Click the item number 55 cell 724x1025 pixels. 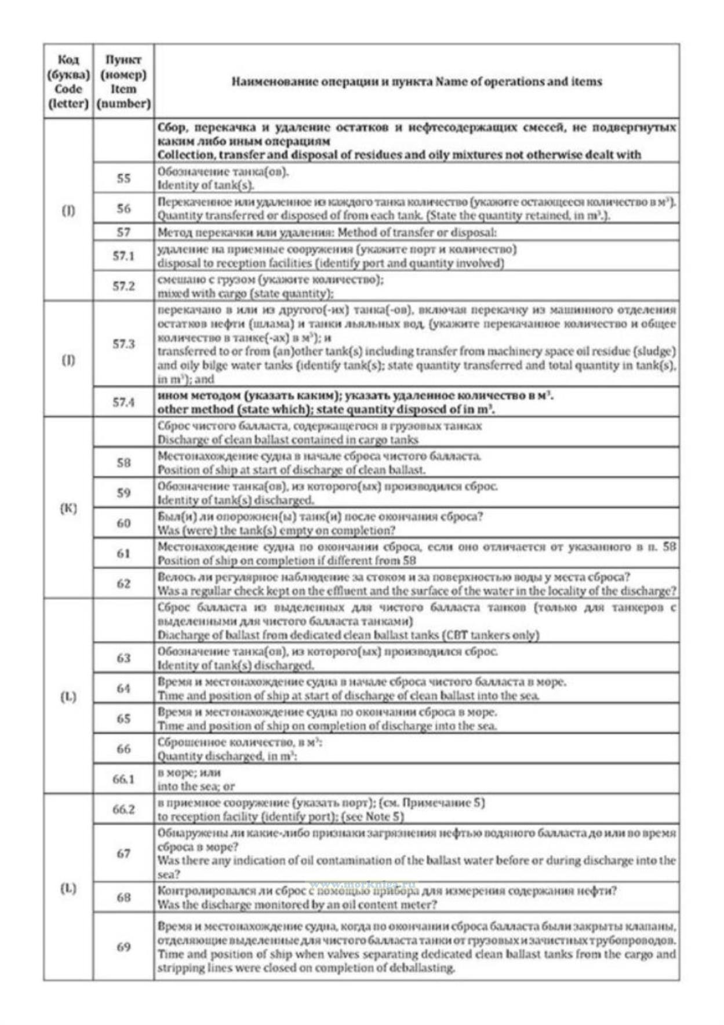click(x=123, y=178)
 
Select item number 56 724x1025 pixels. click(x=123, y=209)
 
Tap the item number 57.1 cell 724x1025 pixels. click(x=123, y=256)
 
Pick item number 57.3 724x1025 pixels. click(x=123, y=344)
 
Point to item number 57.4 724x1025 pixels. click(x=123, y=402)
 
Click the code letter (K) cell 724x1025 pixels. click(x=68, y=508)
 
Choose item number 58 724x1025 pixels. click(x=123, y=462)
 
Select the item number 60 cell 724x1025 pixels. click(x=123, y=523)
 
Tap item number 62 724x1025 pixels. click(x=123, y=583)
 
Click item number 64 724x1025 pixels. click(x=123, y=688)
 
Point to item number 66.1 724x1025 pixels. click(x=123, y=779)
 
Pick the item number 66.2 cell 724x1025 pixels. click(x=123, y=809)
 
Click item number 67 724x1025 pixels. click(x=123, y=853)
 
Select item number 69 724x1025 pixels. click(x=123, y=947)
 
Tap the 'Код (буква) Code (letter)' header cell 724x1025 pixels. click(x=68, y=82)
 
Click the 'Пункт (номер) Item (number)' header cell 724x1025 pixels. click(x=123, y=82)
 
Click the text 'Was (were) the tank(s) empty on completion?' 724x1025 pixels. click(x=276, y=530)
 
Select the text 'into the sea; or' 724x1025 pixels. click(x=196, y=786)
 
